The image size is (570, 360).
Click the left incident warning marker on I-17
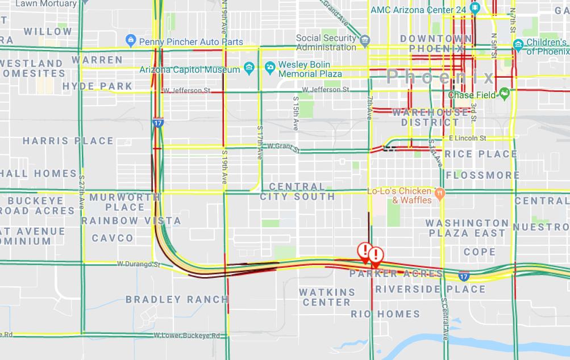(x=364, y=250)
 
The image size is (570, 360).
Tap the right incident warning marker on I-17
(x=375, y=255)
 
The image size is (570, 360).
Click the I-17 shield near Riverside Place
(x=464, y=276)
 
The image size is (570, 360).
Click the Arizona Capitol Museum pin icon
(x=249, y=69)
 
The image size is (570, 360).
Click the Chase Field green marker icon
(x=504, y=94)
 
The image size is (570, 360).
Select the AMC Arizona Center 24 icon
(x=475, y=9)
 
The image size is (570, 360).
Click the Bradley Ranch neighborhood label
(x=177, y=299)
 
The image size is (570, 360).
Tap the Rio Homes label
(x=385, y=314)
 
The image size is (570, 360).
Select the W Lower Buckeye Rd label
(x=186, y=336)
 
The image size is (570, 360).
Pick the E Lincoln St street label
(x=467, y=138)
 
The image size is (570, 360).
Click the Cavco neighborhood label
(x=113, y=238)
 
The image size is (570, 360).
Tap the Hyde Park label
(x=97, y=86)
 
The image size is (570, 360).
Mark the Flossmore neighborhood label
(x=482, y=175)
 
